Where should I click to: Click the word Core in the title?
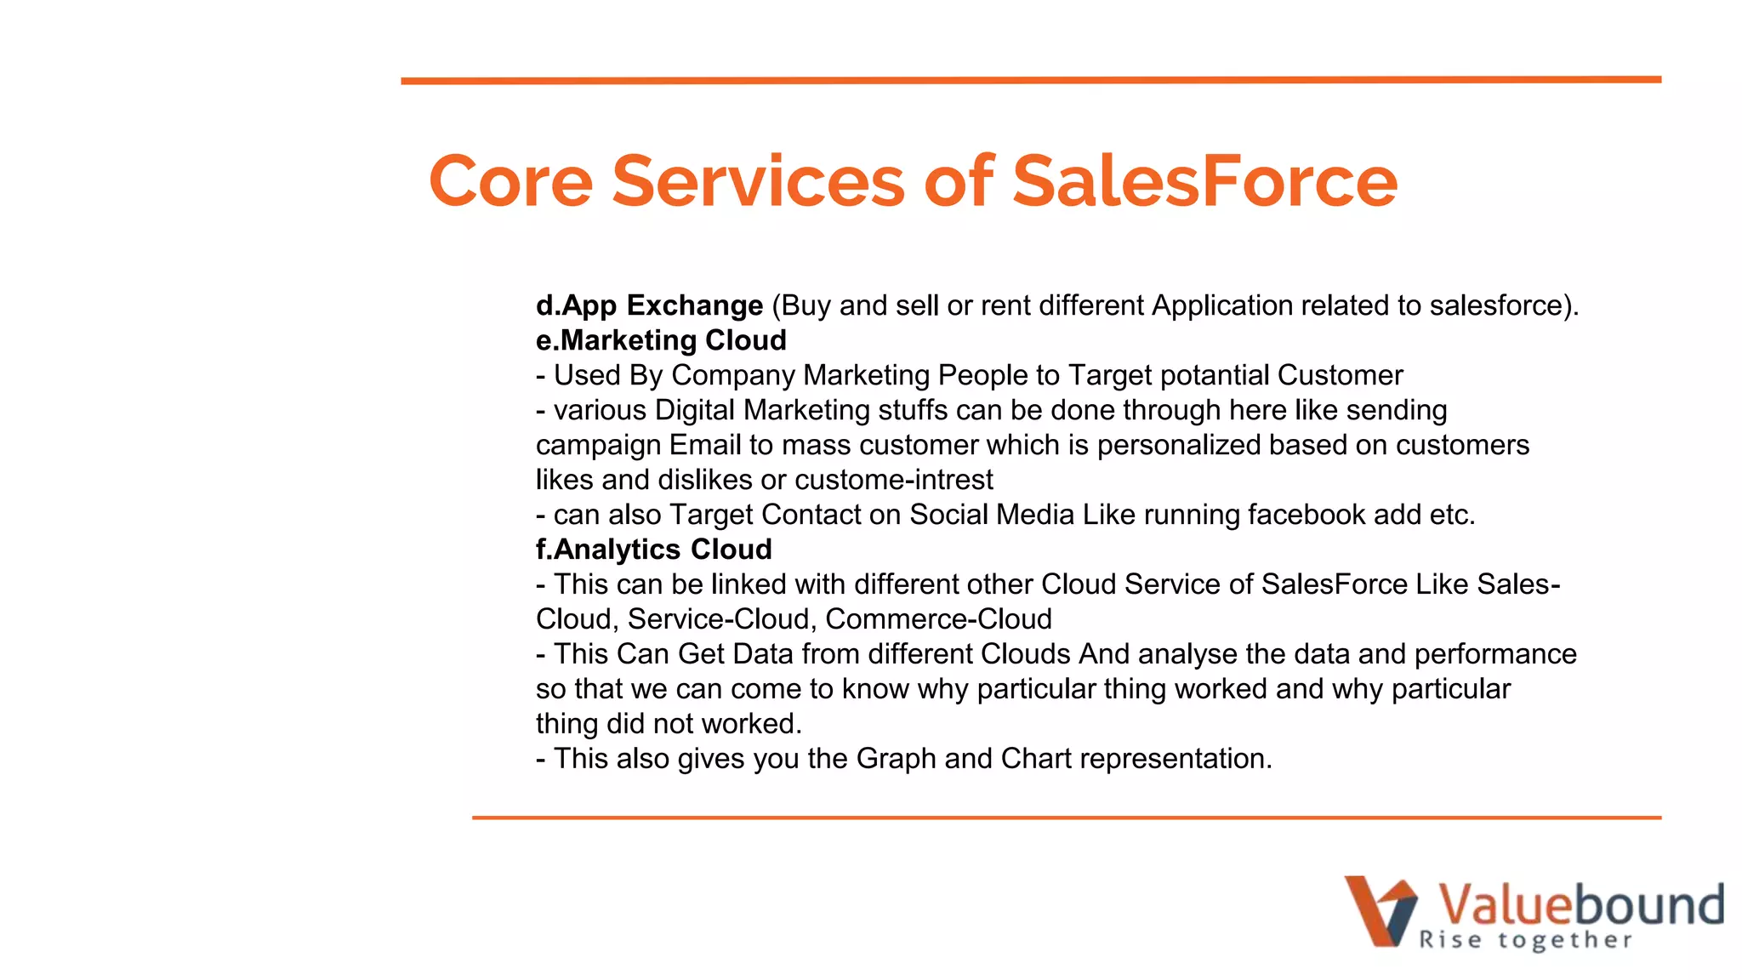[x=510, y=181]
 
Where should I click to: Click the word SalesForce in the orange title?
[x=1204, y=181]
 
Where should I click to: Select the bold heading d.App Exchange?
[x=649, y=305]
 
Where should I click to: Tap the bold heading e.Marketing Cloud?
[x=661, y=340]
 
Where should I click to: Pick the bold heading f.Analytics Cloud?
[x=653, y=550]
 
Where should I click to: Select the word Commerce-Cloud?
[x=938, y=619]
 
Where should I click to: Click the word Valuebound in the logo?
[x=1580, y=905]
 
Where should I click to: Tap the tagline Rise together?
[x=1525, y=940]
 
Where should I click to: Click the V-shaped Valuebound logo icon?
[x=1381, y=910]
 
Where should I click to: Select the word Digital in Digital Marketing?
[x=695, y=410]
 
